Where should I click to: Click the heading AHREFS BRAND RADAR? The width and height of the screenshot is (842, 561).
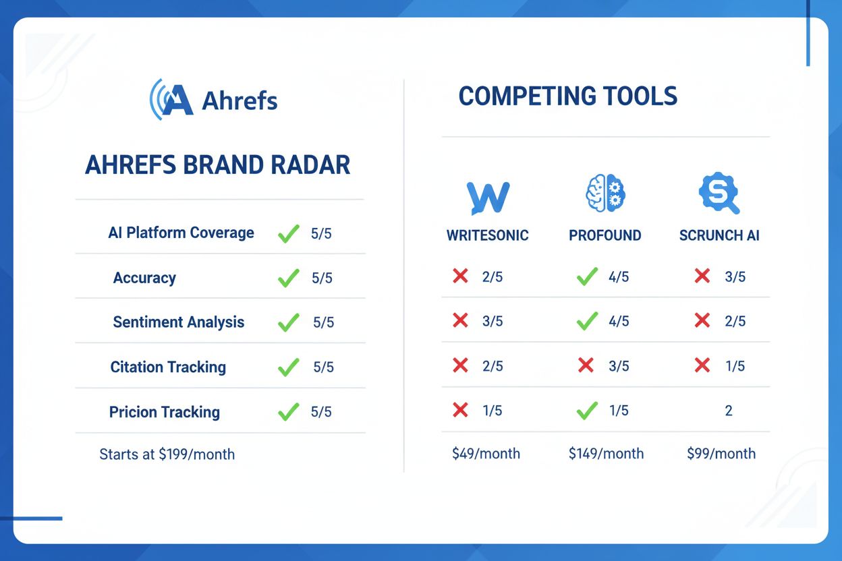pyautogui.click(x=218, y=165)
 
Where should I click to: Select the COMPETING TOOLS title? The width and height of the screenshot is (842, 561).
pyautogui.click(x=567, y=96)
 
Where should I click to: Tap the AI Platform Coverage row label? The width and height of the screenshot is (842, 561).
pyautogui.click(x=181, y=233)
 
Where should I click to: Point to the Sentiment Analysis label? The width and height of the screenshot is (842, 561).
pyautogui.click(x=178, y=322)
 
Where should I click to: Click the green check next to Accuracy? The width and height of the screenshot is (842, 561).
pyautogui.click(x=289, y=278)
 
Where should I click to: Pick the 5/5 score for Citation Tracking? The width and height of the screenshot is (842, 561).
pyautogui.click(x=323, y=367)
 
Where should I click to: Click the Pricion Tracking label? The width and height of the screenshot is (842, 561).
pyautogui.click(x=165, y=412)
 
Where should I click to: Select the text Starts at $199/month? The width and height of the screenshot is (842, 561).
pyautogui.click(x=167, y=454)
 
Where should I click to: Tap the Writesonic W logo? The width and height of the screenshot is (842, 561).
pyautogui.click(x=488, y=198)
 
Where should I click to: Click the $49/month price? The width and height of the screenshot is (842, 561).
pyautogui.click(x=486, y=454)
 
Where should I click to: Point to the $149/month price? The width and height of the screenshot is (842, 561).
pyautogui.click(x=606, y=454)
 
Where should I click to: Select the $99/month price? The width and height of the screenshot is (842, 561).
pyautogui.click(x=721, y=454)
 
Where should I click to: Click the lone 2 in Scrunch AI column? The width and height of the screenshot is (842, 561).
pyautogui.click(x=729, y=411)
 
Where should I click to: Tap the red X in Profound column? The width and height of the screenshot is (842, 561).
pyautogui.click(x=586, y=365)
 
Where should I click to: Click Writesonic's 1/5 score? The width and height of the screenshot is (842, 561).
pyautogui.click(x=492, y=411)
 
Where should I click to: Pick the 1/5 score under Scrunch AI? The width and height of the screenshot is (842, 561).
pyautogui.click(x=735, y=365)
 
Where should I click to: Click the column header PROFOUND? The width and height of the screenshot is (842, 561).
pyautogui.click(x=605, y=236)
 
